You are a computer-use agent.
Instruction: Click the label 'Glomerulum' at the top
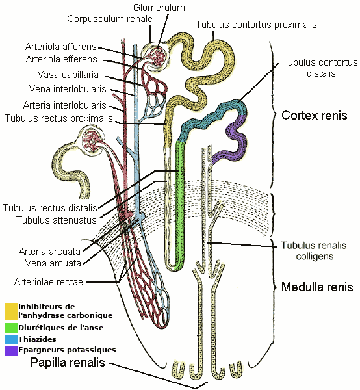(159, 8)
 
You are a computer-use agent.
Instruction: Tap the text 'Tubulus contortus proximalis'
(256, 25)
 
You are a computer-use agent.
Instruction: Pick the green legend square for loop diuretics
(11, 327)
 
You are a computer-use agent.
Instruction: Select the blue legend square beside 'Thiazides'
(11, 339)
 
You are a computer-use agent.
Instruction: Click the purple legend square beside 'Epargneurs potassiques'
(11, 350)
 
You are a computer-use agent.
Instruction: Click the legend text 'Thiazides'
(37, 339)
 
